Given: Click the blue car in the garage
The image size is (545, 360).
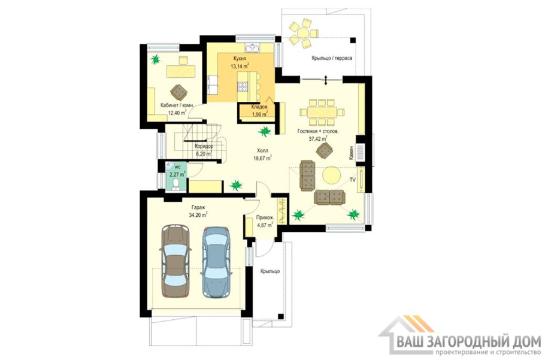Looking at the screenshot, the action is [x=216, y=262].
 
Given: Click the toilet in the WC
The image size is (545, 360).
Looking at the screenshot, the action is [x=177, y=184].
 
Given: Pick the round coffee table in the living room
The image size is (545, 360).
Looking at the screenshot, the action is [x=332, y=174].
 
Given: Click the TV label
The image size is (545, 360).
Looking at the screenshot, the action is [x=352, y=180].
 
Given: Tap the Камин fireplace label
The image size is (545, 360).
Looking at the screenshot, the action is [x=352, y=153].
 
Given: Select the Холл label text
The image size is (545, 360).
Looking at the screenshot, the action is [x=262, y=150].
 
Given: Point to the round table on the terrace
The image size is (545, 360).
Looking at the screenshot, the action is [x=301, y=34].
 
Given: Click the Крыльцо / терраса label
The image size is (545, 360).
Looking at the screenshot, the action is [x=331, y=58].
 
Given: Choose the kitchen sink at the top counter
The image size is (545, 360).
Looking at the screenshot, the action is [x=252, y=48].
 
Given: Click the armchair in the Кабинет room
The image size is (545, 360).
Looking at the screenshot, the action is [x=178, y=92].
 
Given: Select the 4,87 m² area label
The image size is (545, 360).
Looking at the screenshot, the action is [x=265, y=225].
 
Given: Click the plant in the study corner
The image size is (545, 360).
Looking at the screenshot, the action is [x=156, y=59].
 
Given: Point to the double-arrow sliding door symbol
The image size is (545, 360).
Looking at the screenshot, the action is [x=326, y=80].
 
